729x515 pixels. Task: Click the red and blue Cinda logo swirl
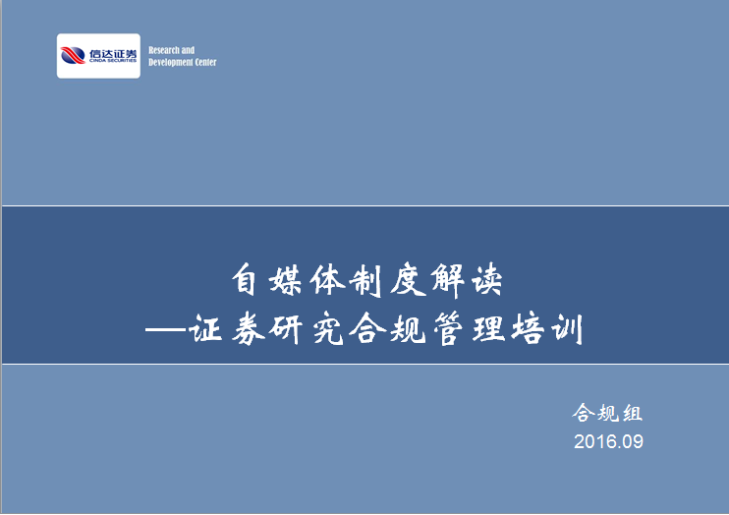73,55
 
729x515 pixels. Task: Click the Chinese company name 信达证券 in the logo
113,53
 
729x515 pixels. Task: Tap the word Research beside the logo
164,50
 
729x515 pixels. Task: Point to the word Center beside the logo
206,62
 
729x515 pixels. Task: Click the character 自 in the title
245,280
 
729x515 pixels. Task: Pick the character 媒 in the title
286,280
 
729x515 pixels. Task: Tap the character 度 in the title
408,280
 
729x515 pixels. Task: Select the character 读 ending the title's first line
487,280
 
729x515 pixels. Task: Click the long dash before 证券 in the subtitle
166,330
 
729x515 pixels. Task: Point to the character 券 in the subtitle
249,329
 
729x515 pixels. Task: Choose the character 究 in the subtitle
329,329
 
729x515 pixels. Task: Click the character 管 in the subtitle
449,329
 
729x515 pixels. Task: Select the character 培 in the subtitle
528,329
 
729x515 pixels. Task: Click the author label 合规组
607,413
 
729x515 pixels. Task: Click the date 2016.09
608,441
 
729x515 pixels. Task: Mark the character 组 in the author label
633,413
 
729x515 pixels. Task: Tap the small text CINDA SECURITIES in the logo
113,61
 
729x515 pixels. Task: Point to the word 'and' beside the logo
188,50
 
